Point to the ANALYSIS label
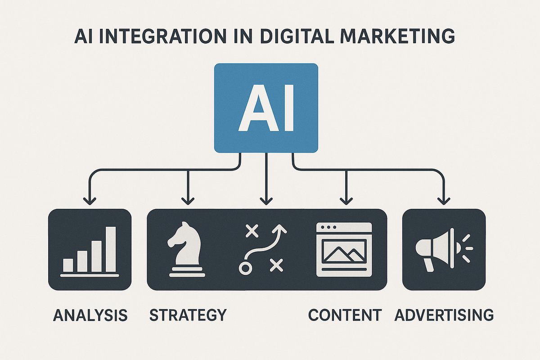click(90, 315)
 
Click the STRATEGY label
click(188, 315)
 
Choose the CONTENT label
click(345, 315)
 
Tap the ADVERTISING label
click(444, 315)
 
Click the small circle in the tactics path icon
click(245, 269)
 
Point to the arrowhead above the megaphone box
click(444, 200)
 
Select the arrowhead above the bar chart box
click(90, 200)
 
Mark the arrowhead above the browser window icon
click(345, 200)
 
